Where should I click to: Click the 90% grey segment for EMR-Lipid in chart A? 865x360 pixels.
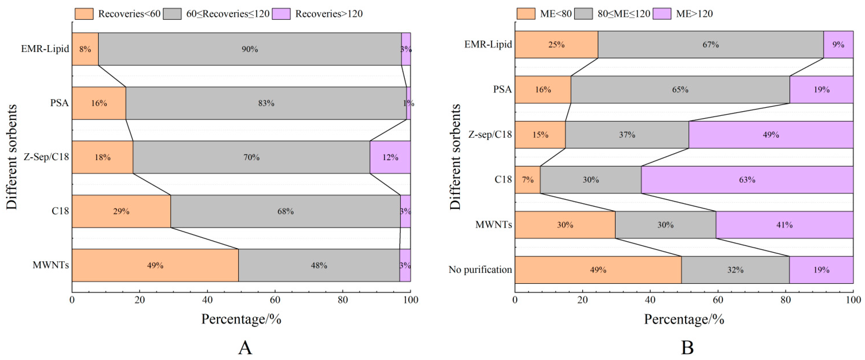tap(250, 49)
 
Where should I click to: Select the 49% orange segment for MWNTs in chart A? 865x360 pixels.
tap(155, 265)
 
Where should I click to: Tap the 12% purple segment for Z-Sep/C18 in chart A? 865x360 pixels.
tap(390, 157)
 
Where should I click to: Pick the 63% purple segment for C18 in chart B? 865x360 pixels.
tap(747, 180)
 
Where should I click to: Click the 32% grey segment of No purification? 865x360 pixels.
tap(735, 270)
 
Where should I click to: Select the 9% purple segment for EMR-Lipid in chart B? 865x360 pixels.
tap(838, 44)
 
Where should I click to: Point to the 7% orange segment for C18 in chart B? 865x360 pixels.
tap(527, 180)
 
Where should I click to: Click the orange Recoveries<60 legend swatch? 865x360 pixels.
tap(84, 14)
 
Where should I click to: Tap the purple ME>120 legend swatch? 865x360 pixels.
tap(662, 14)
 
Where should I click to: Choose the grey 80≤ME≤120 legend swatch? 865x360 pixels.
tap(583, 14)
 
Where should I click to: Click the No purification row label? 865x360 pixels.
tap(480, 270)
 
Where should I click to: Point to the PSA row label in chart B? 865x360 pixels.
tap(502, 89)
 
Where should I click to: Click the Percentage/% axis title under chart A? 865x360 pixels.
tap(241, 319)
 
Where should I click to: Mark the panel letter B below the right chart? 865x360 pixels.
tap(687, 348)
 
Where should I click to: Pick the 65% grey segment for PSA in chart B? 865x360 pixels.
tap(680, 89)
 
